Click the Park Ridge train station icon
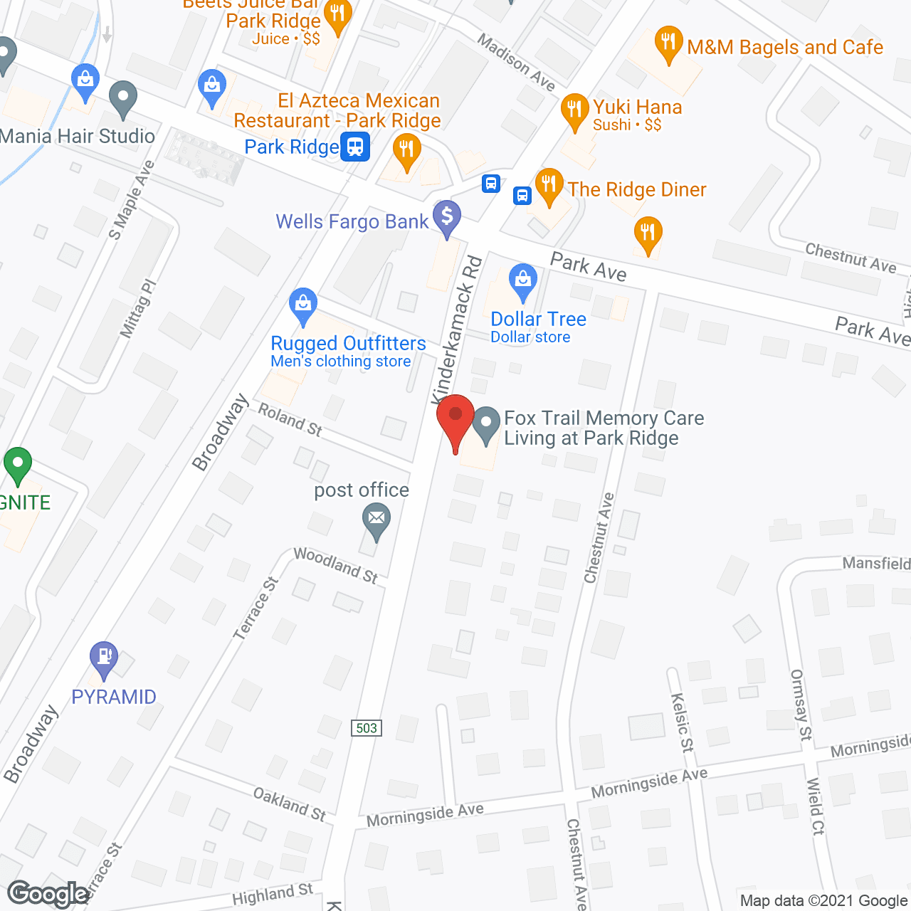354,147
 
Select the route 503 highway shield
366,727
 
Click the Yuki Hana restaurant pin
574,110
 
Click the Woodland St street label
335,565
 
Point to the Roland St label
290,419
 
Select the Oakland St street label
290,804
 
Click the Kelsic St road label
682,722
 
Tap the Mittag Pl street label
137,308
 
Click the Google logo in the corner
48,893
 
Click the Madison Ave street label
516,63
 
